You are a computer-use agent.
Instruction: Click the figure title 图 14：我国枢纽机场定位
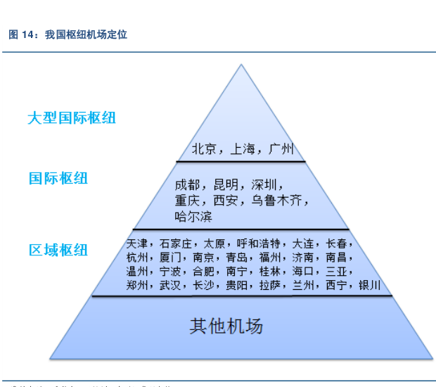[68, 34]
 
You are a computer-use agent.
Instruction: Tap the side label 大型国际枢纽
[72, 118]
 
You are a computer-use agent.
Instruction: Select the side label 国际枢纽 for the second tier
[58, 178]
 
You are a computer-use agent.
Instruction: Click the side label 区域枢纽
[58, 249]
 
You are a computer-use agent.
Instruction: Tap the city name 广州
[280, 149]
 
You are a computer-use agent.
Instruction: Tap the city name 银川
[369, 285]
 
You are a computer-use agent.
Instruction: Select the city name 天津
[138, 244]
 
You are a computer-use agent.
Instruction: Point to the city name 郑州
[138, 285]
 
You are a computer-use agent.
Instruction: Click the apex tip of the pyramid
[241, 65]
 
